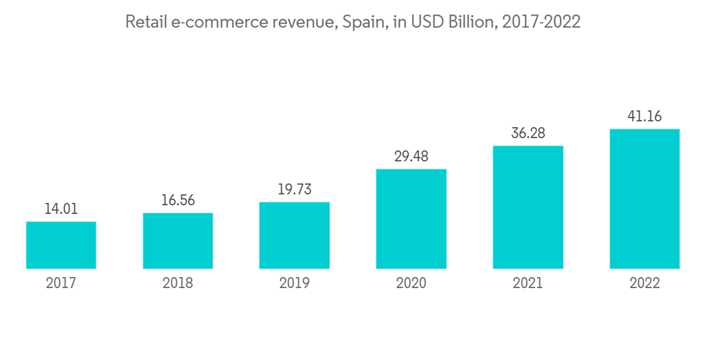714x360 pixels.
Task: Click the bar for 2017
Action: pyautogui.click(x=61, y=245)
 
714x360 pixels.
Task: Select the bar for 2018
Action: pyautogui.click(x=178, y=241)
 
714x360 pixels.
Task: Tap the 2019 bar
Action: pyautogui.click(x=294, y=236)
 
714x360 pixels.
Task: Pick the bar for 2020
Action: pyautogui.click(x=411, y=219)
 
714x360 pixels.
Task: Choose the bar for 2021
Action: pyautogui.click(x=528, y=207)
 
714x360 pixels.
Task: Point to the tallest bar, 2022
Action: pyautogui.click(x=644, y=199)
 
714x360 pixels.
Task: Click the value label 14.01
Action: pyautogui.click(x=61, y=209)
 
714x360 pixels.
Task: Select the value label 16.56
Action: pyautogui.click(x=178, y=201)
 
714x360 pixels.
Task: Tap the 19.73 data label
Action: pyautogui.click(x=294, y=190)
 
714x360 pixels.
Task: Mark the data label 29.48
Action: pyautogui.click(x=411, y=156)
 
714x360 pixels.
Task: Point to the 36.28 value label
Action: pyautogui.click(x=528, y=134)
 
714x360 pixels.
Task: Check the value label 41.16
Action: pyautogui.click(x=644, y=116)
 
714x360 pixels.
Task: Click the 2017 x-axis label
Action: pyautogui.click(x=61, y=284)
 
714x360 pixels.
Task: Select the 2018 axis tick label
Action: pyautogui.click(x=178, y=284)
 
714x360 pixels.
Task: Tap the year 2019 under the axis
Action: pyautogui.click(x=294, y=284)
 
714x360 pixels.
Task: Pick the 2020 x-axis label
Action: pyautogui.click(x=411, y=284)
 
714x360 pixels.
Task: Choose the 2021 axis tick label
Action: pyautogui.click(x=528, y=284)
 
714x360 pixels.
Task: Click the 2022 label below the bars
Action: pyautogui.click(x=644, y=284)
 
